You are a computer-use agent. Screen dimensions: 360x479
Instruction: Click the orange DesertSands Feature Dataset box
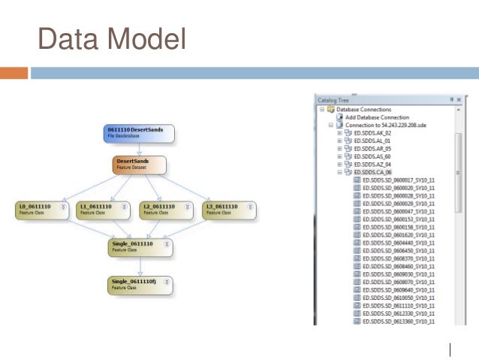pyautogui.click(x=140, y=164)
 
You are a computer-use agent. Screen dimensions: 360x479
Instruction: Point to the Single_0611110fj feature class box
pyautogui.click(x=140, y=283)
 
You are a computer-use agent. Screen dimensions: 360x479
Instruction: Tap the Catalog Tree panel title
pyautogui.click(x=333, y=99)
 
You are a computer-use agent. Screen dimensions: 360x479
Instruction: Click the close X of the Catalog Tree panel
pyautogui.click(x=458, y=99)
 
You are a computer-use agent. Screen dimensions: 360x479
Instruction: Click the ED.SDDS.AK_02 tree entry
pyautogui.click(x=372, y=133)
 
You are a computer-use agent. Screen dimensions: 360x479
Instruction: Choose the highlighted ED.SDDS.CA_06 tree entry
pyautogui.click(x=373, y=172)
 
